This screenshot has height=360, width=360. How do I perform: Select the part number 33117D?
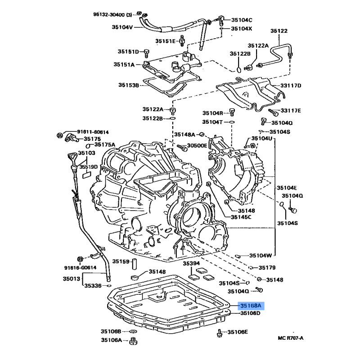(x=291, y=85)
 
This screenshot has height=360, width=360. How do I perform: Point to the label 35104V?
(x=122, y=27)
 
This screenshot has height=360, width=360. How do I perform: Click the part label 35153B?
(x=130, y=85)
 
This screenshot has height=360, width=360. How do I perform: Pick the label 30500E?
(x=198, y=146)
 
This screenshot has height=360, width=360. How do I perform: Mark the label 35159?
(x=121, y=261)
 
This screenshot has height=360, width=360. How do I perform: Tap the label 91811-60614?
(x=93, y=132)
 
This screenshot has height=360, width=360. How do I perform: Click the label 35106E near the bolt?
(x=238, y=332)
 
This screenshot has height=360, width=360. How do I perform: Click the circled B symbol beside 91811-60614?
(x=59, y=135)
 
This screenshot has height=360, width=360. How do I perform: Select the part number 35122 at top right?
(x=279, y=31)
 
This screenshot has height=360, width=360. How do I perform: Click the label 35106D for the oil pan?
(x=250, y=313)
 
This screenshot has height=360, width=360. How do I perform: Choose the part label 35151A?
(x=124, y=65)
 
